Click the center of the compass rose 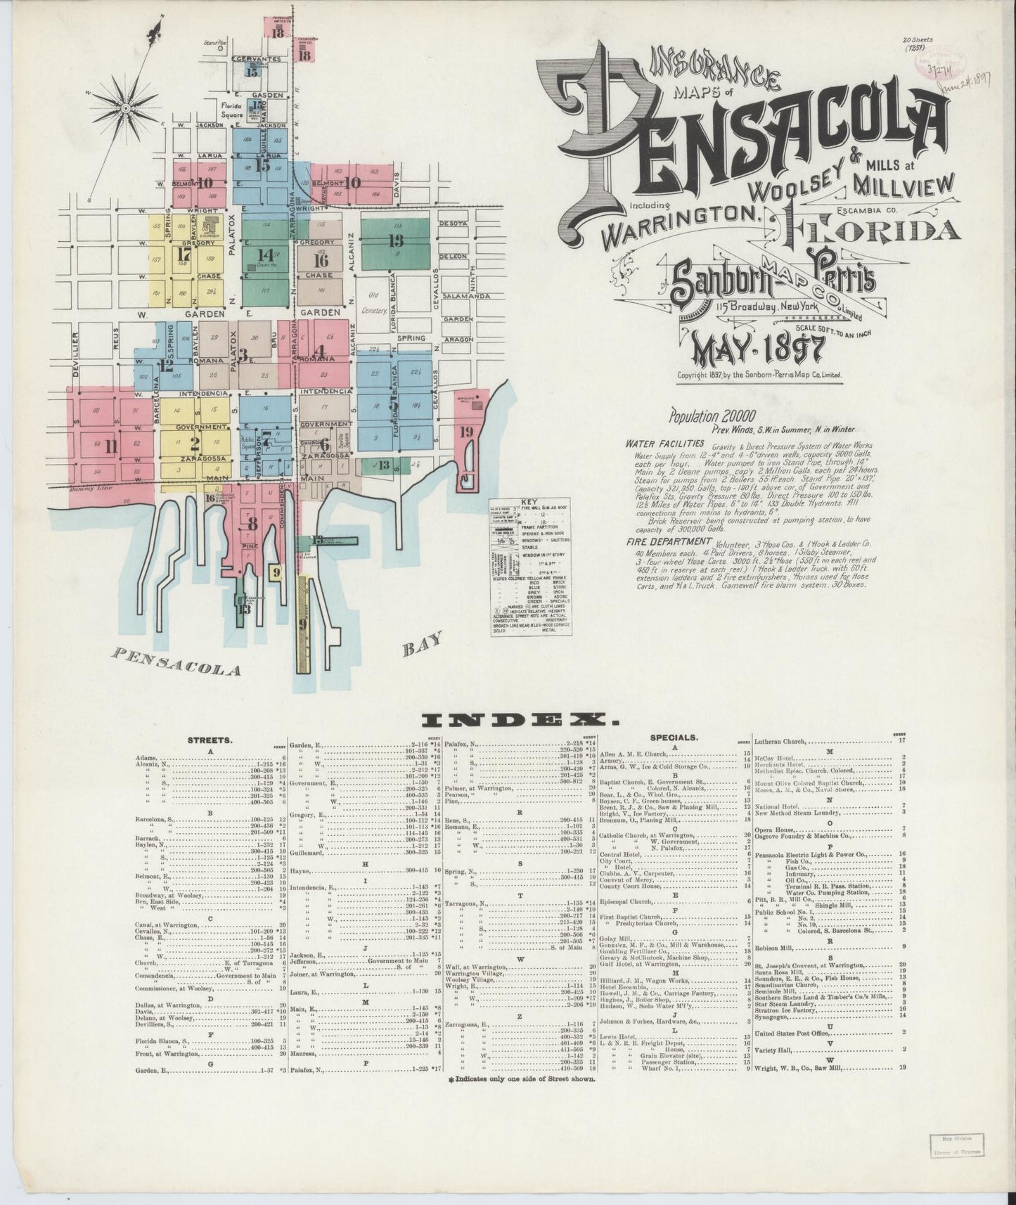point(125,108)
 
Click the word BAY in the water point(423,642)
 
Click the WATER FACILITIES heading point(664,444)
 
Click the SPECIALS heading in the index point(674,738)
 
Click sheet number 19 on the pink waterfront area point(465,432)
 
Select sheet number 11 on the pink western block point(110,446)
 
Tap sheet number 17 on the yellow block point(185,254)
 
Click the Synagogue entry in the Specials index point(772,1014)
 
